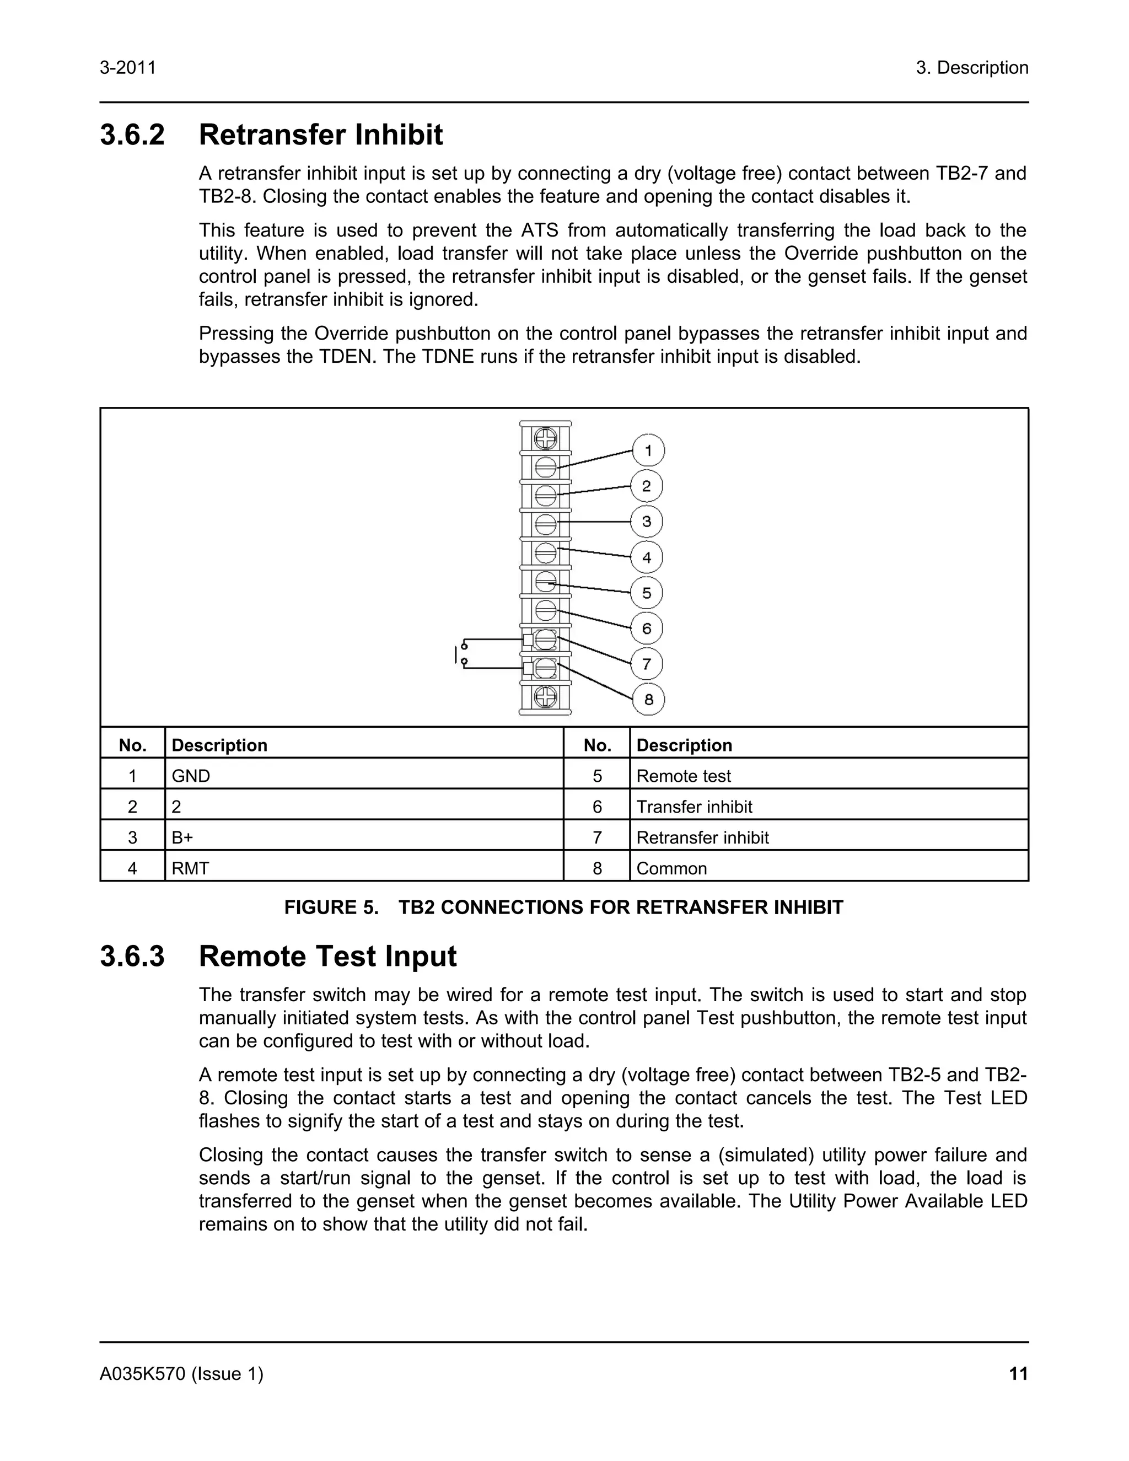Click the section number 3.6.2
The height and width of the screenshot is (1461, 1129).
click(x=132, y=135)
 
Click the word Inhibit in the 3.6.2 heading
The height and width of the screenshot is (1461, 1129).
click(x=398, y=135)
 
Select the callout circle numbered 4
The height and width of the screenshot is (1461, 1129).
click(x=647, y=557)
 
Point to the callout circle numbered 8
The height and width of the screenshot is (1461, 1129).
click(x=648, y=700)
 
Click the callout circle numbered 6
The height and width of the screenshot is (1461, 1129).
click(x=647, y=628)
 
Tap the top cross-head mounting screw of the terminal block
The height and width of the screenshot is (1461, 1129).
click(x=546, y=439)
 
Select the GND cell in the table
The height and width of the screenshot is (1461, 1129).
click(x=191, y=776)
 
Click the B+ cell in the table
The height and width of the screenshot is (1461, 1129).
click(x=182, y=837)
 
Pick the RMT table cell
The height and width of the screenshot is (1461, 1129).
click(x=190, y=868)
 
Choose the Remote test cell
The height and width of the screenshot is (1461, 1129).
click(x=683, y=776)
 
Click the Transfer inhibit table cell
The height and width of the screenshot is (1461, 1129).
click(x=693, y=807)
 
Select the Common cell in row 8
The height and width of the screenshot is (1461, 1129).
click(x=671, y=868)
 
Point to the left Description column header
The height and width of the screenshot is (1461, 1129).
click(x=219, y=745)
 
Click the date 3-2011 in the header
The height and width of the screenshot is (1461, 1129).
click(x=128, y=68)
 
